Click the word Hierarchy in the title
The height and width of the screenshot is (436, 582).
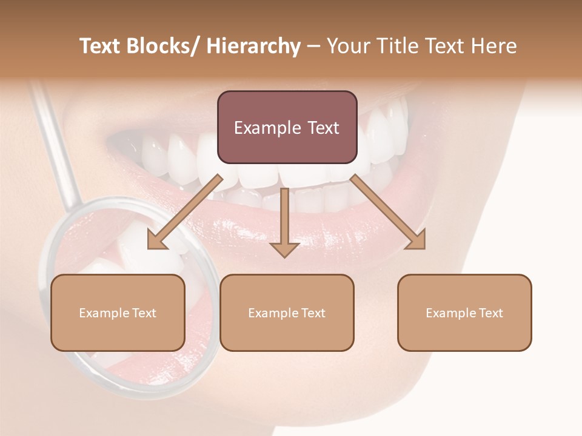pos(253,47)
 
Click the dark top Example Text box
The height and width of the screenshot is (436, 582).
pos(287,127)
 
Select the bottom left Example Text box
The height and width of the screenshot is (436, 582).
pos(118,312)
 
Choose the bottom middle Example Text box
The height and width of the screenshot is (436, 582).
pos(287,312)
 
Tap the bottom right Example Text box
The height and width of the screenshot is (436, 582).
pos(464,312)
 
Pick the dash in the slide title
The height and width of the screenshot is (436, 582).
pos(313,47)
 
